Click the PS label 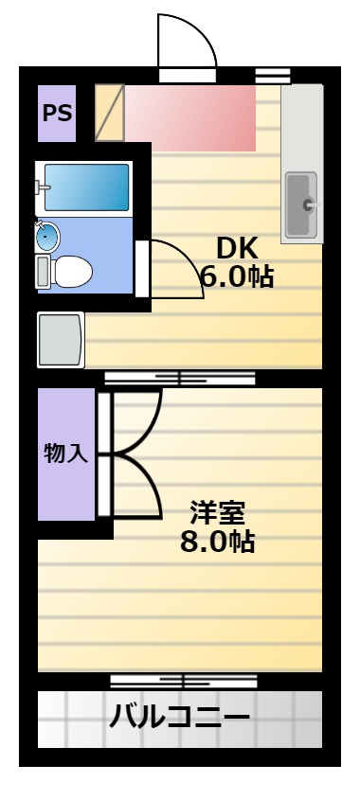click(x=57, y=113)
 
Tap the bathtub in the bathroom click(x=86, y=187)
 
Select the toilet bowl click(x=64, y=272)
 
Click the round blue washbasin click(x=47, y=237)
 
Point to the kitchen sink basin click(x=300, y=205)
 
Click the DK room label click(x=237, y=249)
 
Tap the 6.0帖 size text click(x=237, y=276)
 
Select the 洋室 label click(x=218, y=513)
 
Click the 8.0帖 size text click(x=218, y=542)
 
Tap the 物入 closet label click(x=66, y=454)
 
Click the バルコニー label click(x=180, y=718)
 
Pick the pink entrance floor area click(x=190, y=118)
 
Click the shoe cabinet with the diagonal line click(x=110, y=113)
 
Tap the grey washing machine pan click(x=61, y=340)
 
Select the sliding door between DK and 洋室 click(x=180, y=379)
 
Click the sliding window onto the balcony click(x=184, y=682)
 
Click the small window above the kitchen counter click(x=273, y=76)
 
